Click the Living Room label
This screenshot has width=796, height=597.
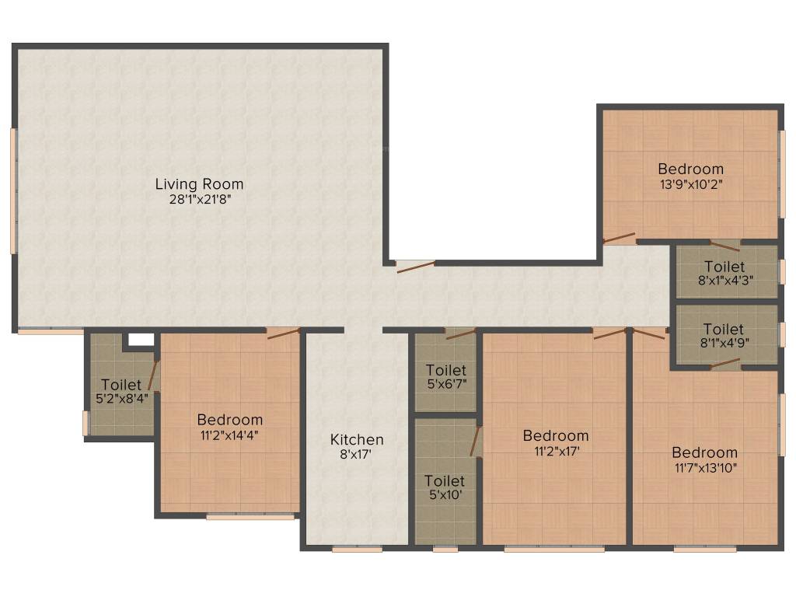199,183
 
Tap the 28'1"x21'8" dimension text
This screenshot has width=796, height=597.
200,199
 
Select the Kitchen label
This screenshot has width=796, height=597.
357,439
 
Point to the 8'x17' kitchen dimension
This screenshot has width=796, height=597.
356,454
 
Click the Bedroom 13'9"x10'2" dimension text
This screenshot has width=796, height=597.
691,183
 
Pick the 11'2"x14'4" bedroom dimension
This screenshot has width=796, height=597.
229,435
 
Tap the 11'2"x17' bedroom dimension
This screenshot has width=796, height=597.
557,451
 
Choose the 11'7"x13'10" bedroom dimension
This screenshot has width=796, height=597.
704,467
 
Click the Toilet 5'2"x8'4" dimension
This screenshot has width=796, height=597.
122,399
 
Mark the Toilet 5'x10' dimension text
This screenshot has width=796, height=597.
445,494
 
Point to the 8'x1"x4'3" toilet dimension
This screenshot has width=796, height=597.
725,280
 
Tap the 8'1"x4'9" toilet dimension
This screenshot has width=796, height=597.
724,343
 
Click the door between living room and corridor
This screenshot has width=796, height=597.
416,266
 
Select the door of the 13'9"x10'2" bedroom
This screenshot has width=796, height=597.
619,239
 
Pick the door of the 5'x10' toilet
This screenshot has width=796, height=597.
476,441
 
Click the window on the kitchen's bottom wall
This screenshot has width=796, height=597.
358,549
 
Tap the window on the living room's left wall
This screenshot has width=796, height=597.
14,190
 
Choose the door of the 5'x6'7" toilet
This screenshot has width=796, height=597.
461,333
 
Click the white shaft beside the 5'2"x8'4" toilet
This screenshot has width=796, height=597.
141,340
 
